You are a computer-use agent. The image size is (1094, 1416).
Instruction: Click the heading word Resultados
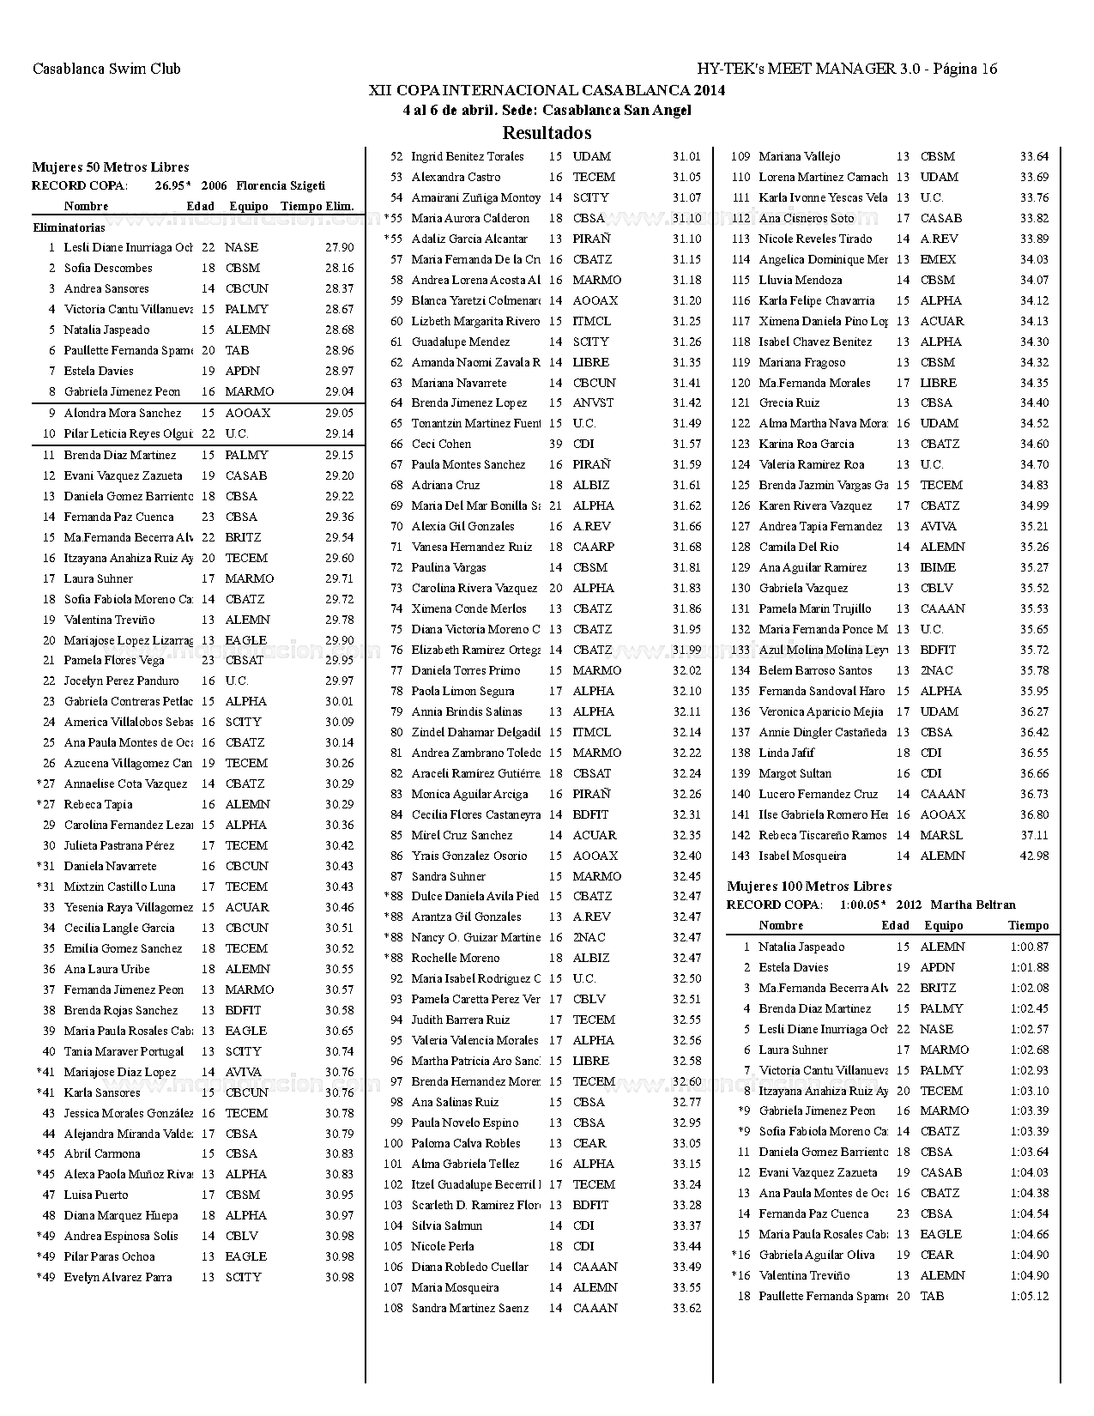(547, 133)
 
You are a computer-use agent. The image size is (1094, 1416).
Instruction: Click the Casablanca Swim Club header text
(106, 70)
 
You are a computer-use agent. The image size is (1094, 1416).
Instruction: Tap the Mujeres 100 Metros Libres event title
(809, 887)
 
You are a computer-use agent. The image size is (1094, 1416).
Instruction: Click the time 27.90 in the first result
(339, 247)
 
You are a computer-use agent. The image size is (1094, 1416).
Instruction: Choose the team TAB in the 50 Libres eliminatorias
(237, 350)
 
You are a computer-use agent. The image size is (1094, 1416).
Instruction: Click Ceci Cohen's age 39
(555, 444)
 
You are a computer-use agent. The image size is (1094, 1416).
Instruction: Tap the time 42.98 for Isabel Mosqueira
(1034, 856)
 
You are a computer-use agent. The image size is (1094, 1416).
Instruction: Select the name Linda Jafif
(786, 753)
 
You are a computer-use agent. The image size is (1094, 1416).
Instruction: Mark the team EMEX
(937, 259)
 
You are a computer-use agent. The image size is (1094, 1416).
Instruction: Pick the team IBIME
(939, 567)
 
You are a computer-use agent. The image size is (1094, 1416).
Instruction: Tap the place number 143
(740, 856)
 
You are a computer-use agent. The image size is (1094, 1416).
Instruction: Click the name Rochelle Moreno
(455, 958)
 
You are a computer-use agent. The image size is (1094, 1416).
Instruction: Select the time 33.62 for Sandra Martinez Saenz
(686, 1308)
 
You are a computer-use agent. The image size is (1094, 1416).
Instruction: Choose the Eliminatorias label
(70, 228)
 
